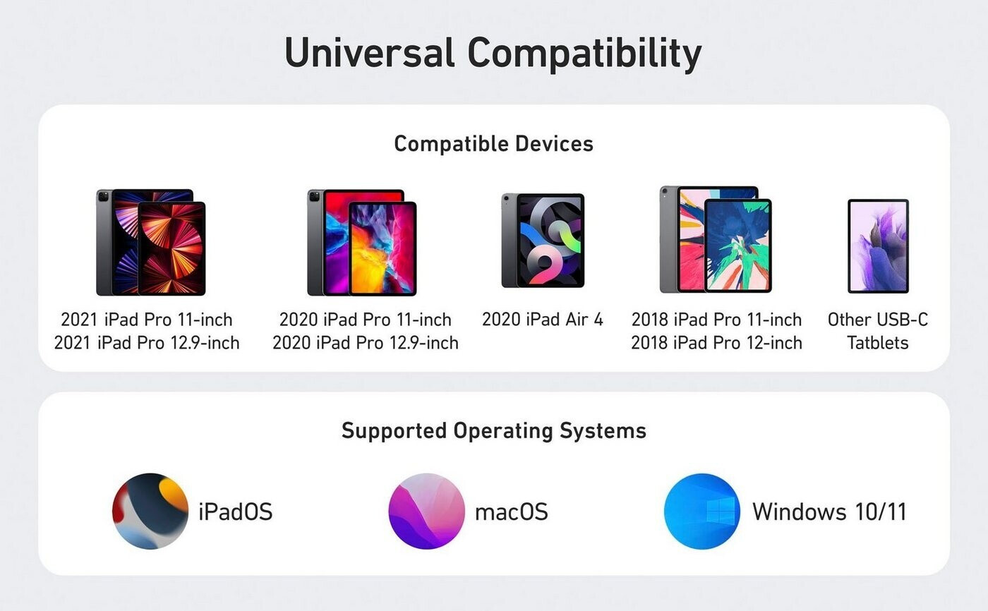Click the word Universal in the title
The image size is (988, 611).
coord(370,52)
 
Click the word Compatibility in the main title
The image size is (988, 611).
coord(584,54)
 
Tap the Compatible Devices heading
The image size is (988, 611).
coord(493,144)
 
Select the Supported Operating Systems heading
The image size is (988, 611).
coord(493,430)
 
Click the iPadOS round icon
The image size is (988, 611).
coord(150,512)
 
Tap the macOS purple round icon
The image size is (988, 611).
coord(426,512)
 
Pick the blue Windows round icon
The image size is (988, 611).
coord(702,512)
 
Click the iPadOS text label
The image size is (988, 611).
coord(236,512)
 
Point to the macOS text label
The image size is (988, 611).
coord(511,512)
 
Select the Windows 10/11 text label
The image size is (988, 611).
coord(829,512)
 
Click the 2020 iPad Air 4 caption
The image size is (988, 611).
coord(543,319)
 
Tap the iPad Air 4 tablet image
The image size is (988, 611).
coord(543,241)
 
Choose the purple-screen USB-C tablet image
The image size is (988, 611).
coord(878,246)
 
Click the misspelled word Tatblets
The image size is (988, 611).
coord(878,342)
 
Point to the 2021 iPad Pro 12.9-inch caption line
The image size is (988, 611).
coord(147,342)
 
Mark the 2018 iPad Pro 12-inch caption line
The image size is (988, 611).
coord(717,342)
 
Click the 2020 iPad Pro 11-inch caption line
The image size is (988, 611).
coord(366,319)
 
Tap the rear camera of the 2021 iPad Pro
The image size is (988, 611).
coord(103,196)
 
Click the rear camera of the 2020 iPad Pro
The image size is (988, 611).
coord(314,196)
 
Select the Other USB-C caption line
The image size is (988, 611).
coord(878,319)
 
